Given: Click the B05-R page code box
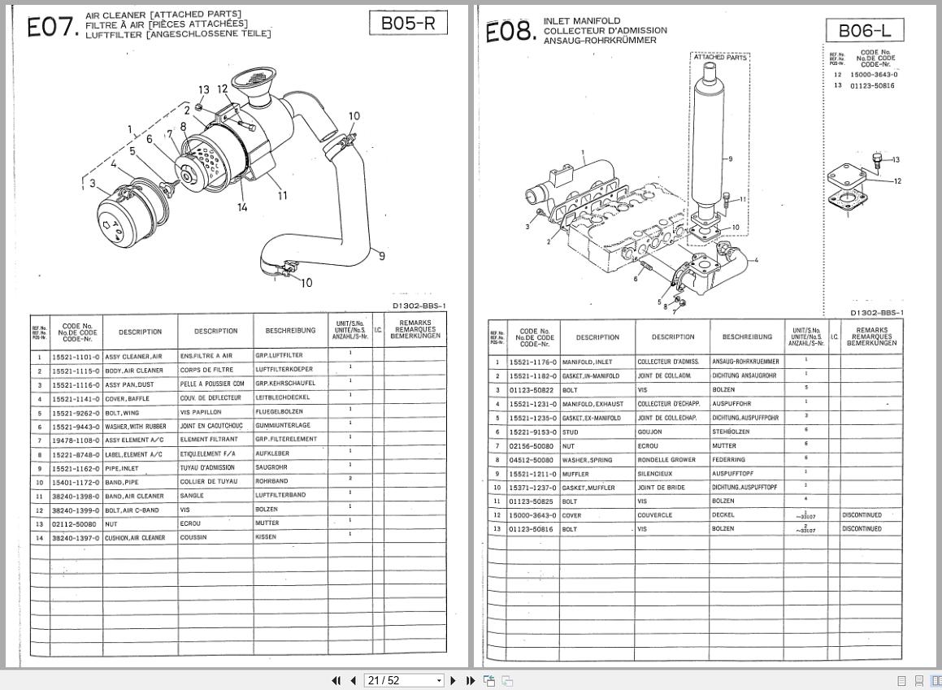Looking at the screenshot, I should pos(409,24).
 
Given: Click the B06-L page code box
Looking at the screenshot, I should pos(865,31).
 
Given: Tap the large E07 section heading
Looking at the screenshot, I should pos(53,28).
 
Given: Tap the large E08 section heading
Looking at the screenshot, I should pos(511,33).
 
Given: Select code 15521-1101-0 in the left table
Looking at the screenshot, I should pos(76,356).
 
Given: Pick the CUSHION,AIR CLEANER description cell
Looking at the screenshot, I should pos(135,537).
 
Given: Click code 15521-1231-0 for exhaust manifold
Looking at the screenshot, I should pos(533,404).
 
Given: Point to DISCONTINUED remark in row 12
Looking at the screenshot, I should pos(862,515).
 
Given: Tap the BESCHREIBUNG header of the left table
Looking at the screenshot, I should pos(290,331).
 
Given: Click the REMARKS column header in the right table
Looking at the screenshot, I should pos(872,337).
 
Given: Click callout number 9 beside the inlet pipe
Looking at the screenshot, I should pos(381,257).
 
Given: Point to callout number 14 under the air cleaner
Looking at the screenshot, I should pos(242,208).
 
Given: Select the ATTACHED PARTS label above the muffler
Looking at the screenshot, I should pos(720,58).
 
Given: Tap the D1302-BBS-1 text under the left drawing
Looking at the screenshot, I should pos(419,306).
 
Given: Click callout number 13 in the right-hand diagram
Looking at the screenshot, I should pos(896,160).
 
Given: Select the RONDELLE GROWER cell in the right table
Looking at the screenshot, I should pos(666,460).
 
